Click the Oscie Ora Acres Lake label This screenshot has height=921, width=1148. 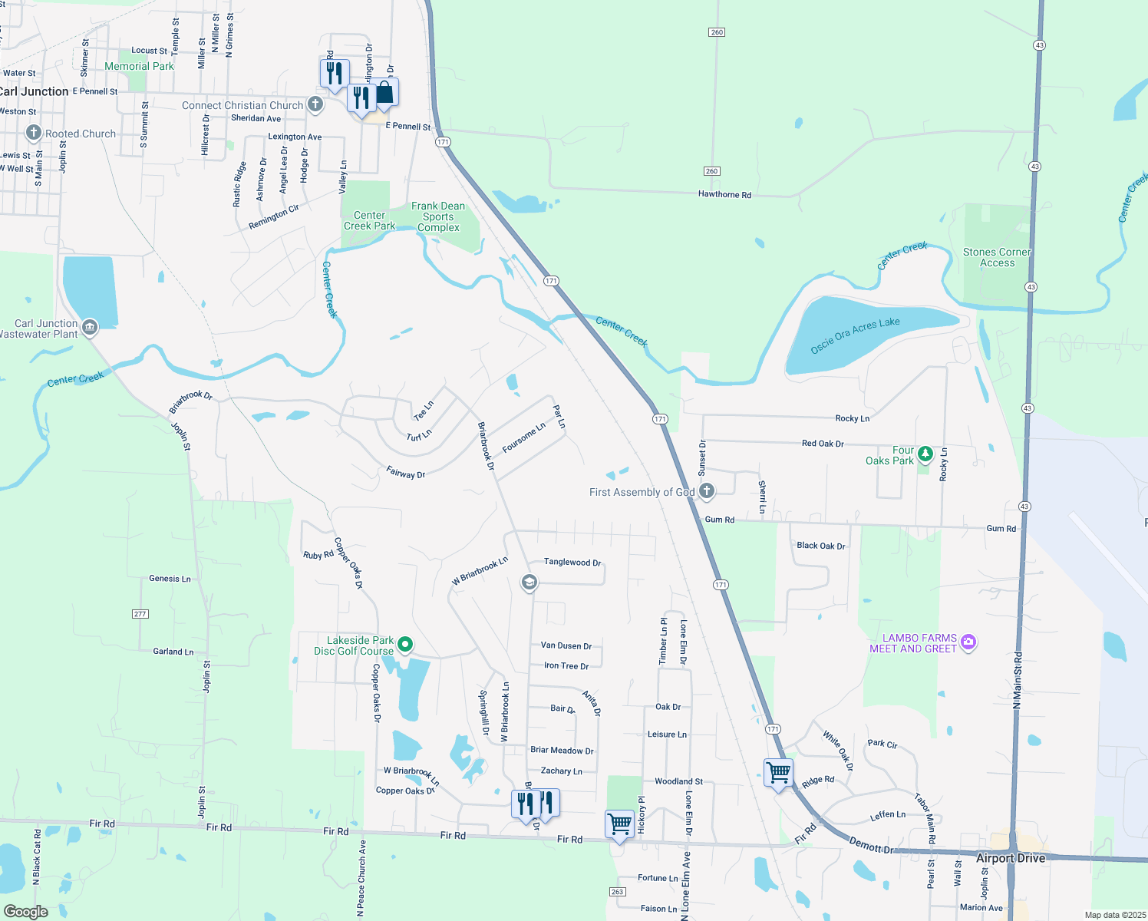tap(855, 335)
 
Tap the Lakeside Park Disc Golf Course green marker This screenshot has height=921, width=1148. tap(407, 645)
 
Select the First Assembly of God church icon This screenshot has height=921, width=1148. tap(707, 491)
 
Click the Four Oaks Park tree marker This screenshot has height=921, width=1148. tap(925, 454)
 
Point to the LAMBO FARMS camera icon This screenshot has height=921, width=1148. tap(968, 642)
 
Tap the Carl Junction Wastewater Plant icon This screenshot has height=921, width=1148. tap(90, 328)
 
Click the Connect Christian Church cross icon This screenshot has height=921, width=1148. tap(315, 104)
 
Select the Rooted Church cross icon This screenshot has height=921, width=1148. tap(33, 133)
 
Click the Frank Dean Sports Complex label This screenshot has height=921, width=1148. tap(438, 216)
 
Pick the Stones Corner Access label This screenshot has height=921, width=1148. tap(997, 257)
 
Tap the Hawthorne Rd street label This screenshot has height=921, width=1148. tap(724, 194)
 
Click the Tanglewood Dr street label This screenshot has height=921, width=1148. tap(572, 562)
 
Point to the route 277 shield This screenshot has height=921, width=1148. tap(140, 613)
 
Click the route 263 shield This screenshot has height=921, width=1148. tap(617, 891)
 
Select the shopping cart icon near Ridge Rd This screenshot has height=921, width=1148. tap(778, 772)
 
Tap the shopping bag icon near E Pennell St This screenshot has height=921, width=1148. tap(384, 93)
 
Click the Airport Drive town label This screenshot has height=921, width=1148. tap(1010, 858)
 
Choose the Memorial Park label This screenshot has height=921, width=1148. tap(139, 66)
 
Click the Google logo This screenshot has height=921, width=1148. tap(26, 912)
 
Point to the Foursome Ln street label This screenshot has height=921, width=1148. tap(523, 437)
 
